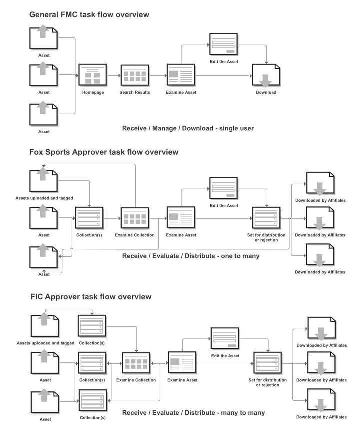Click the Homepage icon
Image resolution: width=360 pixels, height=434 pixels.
coord(93,75)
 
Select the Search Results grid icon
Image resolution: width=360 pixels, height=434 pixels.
coord(135,75)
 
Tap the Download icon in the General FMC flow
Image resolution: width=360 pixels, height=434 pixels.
coord(266,76)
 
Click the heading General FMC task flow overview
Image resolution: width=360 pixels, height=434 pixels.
coord(89,15)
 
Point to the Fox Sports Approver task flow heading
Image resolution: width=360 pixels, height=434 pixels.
coord(103,152)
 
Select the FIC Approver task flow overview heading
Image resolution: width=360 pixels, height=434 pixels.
coord(90,297)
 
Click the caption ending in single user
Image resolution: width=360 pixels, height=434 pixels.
coord(188,128)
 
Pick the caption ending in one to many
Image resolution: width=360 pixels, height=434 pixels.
coord(191,256)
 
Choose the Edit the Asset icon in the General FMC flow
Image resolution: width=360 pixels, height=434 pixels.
coord(224,46)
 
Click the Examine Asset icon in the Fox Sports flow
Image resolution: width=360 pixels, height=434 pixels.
coord(181,218)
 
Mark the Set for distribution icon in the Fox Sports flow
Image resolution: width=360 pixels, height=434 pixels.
coord(267,218)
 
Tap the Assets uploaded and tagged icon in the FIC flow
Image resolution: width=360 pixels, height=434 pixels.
coord(45,325)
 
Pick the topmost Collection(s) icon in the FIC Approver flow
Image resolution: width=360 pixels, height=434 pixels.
coord(92,325)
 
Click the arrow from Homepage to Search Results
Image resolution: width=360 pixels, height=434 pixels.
coord(113,76)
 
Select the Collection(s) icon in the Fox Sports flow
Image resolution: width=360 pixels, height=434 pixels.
coord(89,218)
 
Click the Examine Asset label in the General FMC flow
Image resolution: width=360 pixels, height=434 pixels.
coord(181,92)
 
